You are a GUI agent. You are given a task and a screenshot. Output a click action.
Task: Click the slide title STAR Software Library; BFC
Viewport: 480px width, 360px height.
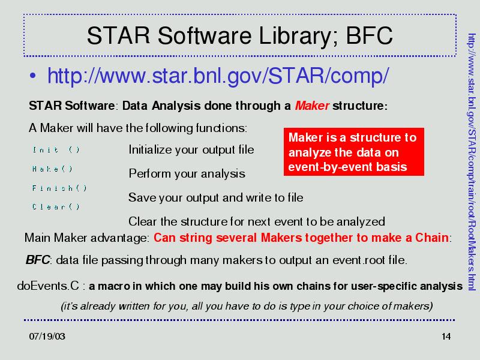(x=239, y=36)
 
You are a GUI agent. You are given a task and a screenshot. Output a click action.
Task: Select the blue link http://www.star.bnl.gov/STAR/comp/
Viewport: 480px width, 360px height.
(x=218, y=76)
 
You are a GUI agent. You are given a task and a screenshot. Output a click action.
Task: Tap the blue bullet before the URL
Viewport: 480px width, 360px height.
(x=33, y=76)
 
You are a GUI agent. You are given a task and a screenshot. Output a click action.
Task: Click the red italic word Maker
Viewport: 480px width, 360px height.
(x=312, y=106)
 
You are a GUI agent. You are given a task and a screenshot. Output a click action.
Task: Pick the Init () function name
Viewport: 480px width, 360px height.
(x=56, y=149)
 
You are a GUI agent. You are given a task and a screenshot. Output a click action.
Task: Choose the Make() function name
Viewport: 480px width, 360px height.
(x=52, y=169)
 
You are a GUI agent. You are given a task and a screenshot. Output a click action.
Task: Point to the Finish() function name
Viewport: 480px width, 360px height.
(x=59, y=188)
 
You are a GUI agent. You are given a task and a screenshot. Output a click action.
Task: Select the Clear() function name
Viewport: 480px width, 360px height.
(x=56, y=206)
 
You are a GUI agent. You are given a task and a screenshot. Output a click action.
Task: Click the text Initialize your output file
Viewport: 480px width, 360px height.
(x=191, y=149)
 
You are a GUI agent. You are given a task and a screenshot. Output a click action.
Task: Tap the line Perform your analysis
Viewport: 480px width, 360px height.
(x=187, y=173)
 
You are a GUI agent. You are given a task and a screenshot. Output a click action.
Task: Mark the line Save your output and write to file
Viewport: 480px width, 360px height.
(x=216, y=197)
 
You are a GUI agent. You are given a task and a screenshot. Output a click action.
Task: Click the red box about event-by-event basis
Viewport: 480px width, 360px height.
(x=354, y=152)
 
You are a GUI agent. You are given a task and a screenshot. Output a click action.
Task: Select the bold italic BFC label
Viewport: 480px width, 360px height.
(x=38, y=260)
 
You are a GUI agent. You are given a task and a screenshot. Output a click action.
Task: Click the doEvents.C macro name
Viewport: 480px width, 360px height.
(x=48, y=286)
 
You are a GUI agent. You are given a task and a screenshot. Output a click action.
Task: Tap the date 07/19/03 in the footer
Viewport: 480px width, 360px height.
(x=47, y=337)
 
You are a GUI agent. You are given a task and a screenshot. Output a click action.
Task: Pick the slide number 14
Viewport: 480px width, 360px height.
(x=446, y=337)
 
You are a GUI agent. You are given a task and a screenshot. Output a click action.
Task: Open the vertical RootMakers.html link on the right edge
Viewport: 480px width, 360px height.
(x=472, y=162)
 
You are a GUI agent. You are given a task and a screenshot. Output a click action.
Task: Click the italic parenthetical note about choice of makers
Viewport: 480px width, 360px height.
(x=247, y=306)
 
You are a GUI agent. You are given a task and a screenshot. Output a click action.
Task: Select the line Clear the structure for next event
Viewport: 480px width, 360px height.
(x=257, y=221)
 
